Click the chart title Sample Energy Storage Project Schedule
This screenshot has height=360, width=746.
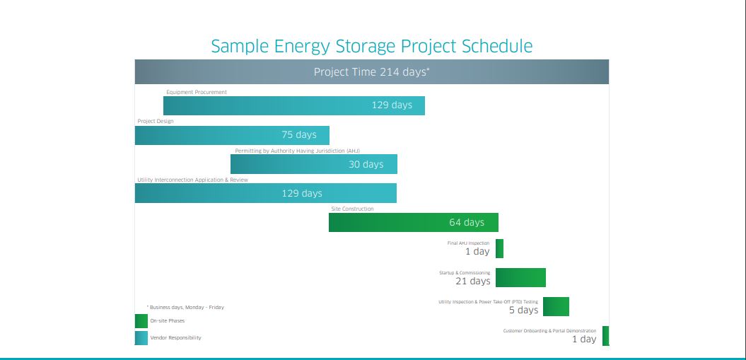pyautogui.click(x=372, y=47)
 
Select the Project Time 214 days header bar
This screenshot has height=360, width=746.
pyautogui.click(x=372, y=72)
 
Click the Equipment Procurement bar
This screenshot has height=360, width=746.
pyautogui.click(x=293, y=105)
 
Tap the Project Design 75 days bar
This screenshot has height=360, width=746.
pyautogui.click(x=232, y=135)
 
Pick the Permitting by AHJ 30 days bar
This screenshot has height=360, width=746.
pyautogui.click(x=313, y=164)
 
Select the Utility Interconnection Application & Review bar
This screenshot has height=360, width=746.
pyautogui.click(x=265, y=193)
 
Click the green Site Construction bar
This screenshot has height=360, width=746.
pyautogui.click(x=413, y=222)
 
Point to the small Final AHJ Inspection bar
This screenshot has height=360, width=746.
pyautogui.click(x=499, y=248)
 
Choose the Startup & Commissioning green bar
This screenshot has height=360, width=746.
pyautogui.click(x=520, y=277)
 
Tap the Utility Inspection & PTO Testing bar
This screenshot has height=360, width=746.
pyautogui.click(x=556, y=306)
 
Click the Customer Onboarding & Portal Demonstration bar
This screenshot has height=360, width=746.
pyautogui.click(x=605, y=336)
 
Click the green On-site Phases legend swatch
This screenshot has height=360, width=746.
pyautogui.click(x=141, y=321)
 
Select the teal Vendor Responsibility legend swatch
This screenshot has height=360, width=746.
pyautogui.click(x=141, y=338)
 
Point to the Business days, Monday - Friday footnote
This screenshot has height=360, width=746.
pyautogui.click(x=185, y=308)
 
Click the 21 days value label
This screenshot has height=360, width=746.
pyautogui.click(x=472, y=281)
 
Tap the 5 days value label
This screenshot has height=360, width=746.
pyautogui.click(x=523, y=310)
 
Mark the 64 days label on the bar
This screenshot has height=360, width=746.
pyautogui.click(x=467, y=223)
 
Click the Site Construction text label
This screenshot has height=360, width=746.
pyautogui.click(x=352, y=209)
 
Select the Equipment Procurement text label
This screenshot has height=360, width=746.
pyautogui.click(x=197, y=92)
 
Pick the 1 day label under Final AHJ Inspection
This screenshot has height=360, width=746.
pyautogui.click(x=477, y=252)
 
